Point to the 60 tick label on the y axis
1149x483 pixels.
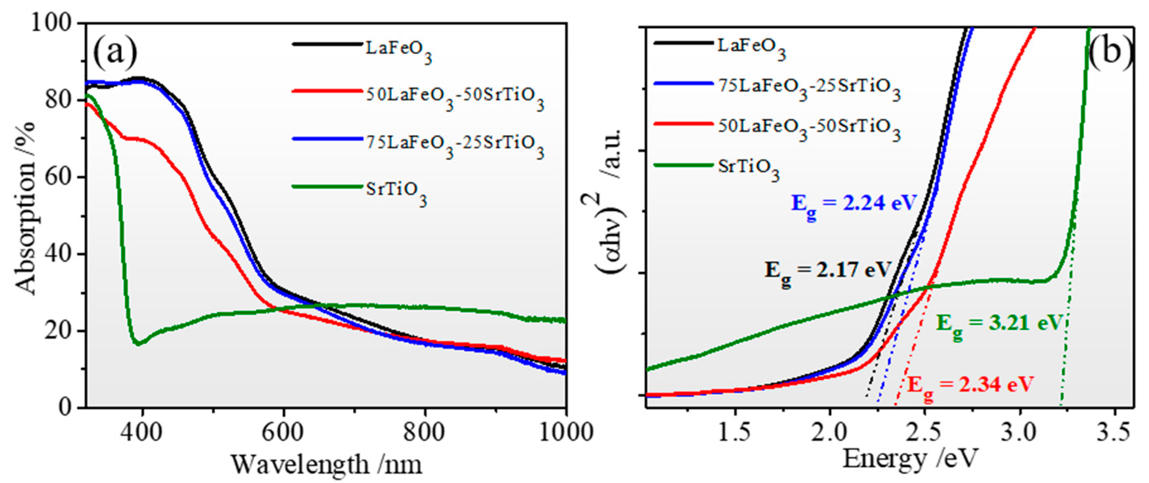click(62, 177)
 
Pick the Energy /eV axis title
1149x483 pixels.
click(910, 459)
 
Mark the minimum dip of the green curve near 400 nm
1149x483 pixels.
click(138, 343)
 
